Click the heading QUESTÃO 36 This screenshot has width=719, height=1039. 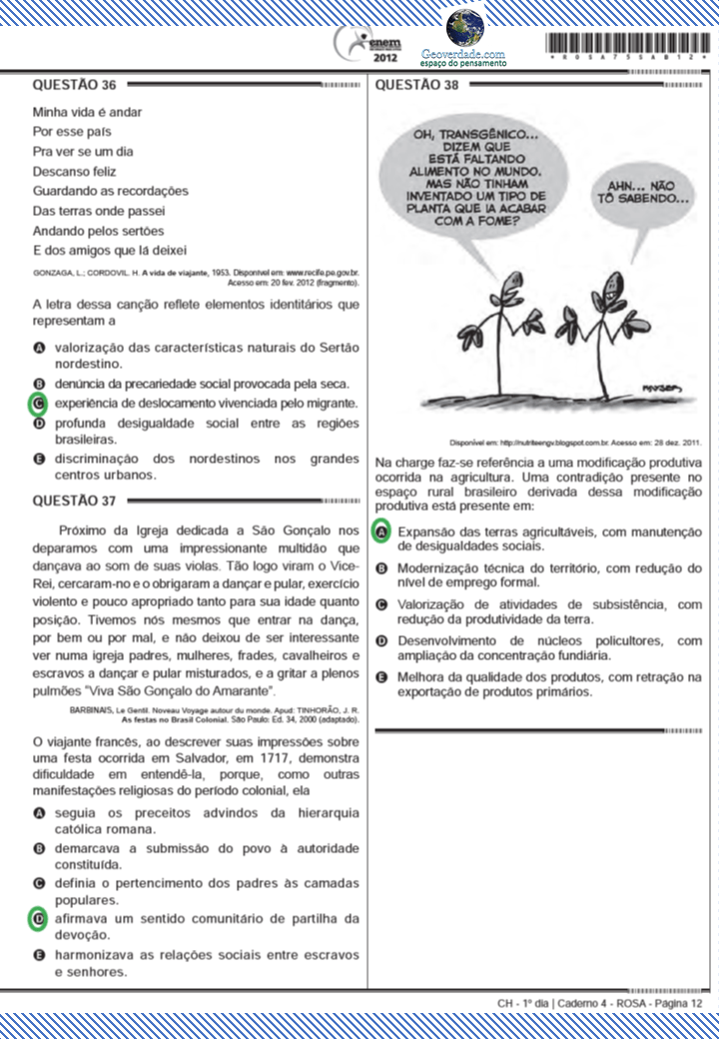pyautogui.click(x=75, y=85)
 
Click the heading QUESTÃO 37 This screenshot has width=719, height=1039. pyautogui.click(x=75, y=500)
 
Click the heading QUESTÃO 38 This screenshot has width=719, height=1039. pyautogui.click(x=416, y=85)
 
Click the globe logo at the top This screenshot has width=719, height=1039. pyautogui.click(x=464, y=27)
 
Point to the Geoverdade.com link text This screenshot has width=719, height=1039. pyautogui.click(x=462, y=53)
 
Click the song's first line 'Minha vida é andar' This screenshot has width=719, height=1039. pyautogui.click(x=83, y=111)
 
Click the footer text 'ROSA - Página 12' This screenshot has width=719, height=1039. pyautogui.click(x=659, y=1002)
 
